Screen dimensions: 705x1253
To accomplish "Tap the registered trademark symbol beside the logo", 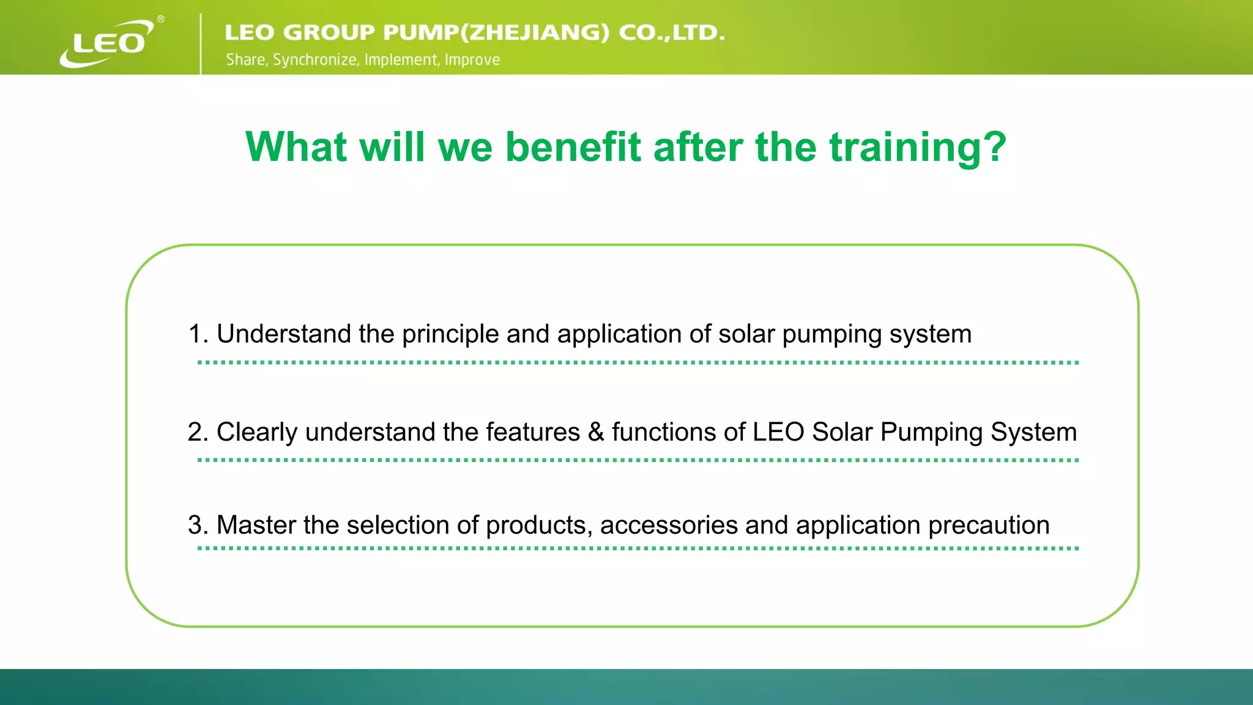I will click(x=161, y=19).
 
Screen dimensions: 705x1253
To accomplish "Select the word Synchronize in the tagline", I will click(x=315, y=60).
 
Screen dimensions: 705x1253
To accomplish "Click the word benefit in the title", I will click(x=573, y=147).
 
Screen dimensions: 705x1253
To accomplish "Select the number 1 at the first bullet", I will click(x=195, y=334).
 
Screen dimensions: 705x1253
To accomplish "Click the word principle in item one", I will click(x=450, y=335).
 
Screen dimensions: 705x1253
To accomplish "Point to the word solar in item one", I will click(x=746, y=334).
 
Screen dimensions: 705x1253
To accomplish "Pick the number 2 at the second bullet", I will click(x=195, y=432).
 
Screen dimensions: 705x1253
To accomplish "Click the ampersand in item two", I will click(x=596, y=432).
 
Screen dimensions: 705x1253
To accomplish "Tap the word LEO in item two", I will click(x=778, y=432).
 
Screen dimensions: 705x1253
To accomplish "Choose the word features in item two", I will click(x=532, y=432).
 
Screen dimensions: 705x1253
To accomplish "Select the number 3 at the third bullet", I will click(x=195, y=525).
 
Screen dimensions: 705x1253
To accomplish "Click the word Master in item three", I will click(x=256, y=525).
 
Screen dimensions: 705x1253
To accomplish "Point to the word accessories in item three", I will click(x=669, y=525).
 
